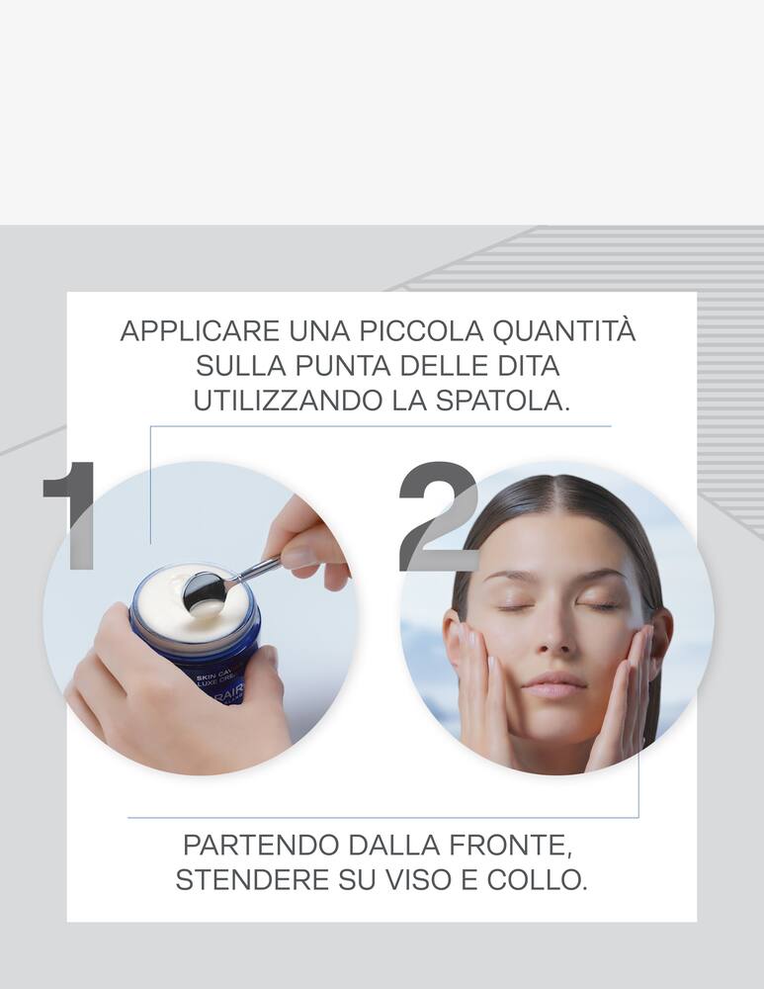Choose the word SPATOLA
516,403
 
